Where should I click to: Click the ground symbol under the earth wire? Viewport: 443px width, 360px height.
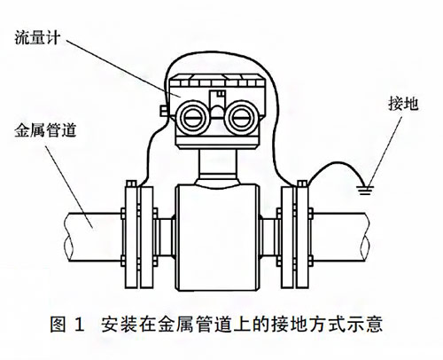point(362,187)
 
